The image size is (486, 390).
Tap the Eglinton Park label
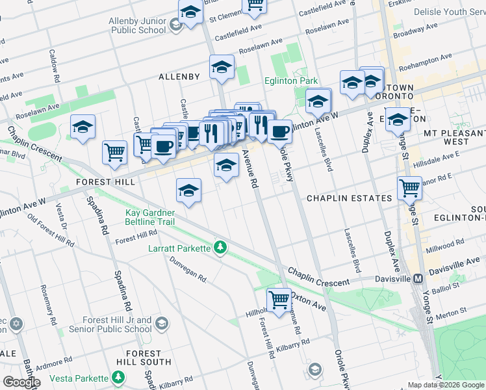coord(290,81)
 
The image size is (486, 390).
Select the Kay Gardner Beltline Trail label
coord(150,217)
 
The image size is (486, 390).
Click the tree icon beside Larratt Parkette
coord(220,248)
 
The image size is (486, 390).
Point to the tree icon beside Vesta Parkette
coord(118,378)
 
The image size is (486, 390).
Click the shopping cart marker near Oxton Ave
coord(279,300)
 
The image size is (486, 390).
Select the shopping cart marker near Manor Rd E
coord(409,188)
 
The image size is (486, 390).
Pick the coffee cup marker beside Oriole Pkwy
coord(280,131)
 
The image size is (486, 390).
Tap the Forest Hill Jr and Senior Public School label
coord(117,325)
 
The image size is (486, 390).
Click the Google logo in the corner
coord(21,382)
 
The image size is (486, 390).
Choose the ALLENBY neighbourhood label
coord(179,77)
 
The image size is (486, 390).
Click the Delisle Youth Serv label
coord(448,12)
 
